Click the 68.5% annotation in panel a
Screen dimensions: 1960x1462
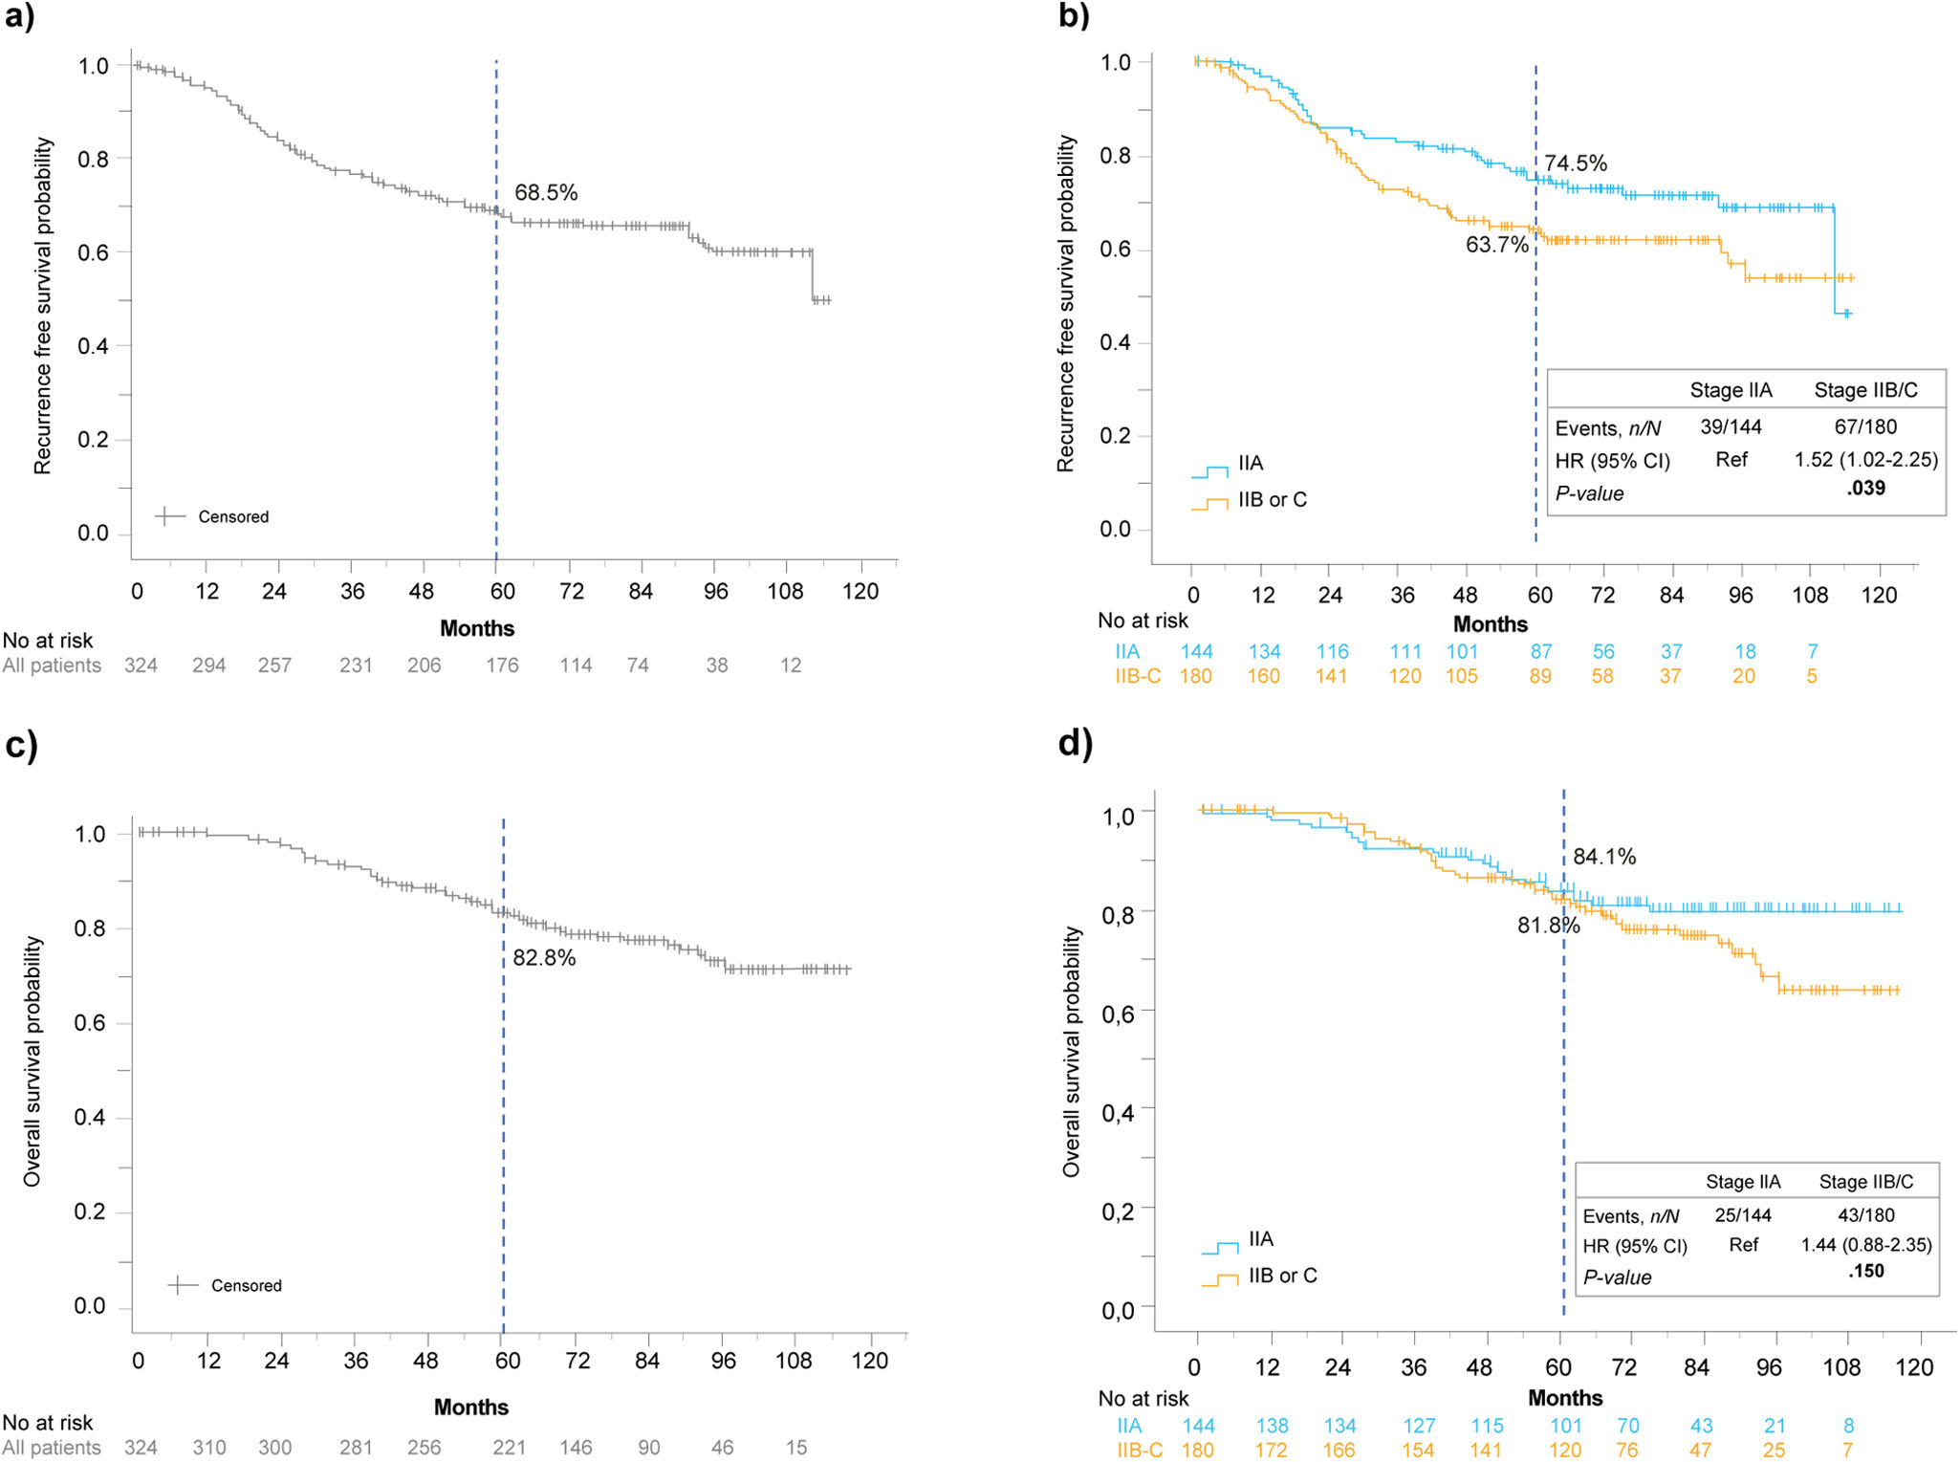click(x=546, y=192)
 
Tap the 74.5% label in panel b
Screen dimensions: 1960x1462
click(x=1576, y=163)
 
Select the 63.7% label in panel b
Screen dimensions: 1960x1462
click(x=1497, y=245)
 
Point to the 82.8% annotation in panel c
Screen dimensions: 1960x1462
click(x=544, y=957)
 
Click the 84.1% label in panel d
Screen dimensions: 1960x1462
click(x=1604, y=857)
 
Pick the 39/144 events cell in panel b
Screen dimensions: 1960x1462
click(x=1731, y=426)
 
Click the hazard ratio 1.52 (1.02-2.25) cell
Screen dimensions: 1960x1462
click(x=1865, y=459)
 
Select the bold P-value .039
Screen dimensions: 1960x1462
click(x=1865, y=488)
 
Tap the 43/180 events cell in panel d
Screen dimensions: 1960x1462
click(x=1865, y=1215)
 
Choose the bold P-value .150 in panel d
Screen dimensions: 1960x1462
click(x=1865, y=1271)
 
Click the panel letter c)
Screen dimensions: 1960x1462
click(x=21, y=745)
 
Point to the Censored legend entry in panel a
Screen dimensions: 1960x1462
click(x=212, y=516)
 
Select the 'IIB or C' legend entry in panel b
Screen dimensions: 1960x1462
click(x=1250, y=500)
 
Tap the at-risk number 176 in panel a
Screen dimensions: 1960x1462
click(x=502, y=666)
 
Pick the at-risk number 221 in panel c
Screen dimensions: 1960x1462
click(x=509, y=1448)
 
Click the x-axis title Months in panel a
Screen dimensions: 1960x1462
click(x=477, y=628)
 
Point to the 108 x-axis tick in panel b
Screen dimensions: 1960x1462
click(x=1810, y=595)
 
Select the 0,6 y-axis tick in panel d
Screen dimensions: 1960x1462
click(x=1118, y=1013)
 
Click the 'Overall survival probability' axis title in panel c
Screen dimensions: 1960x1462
click(x=33, y=1061)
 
